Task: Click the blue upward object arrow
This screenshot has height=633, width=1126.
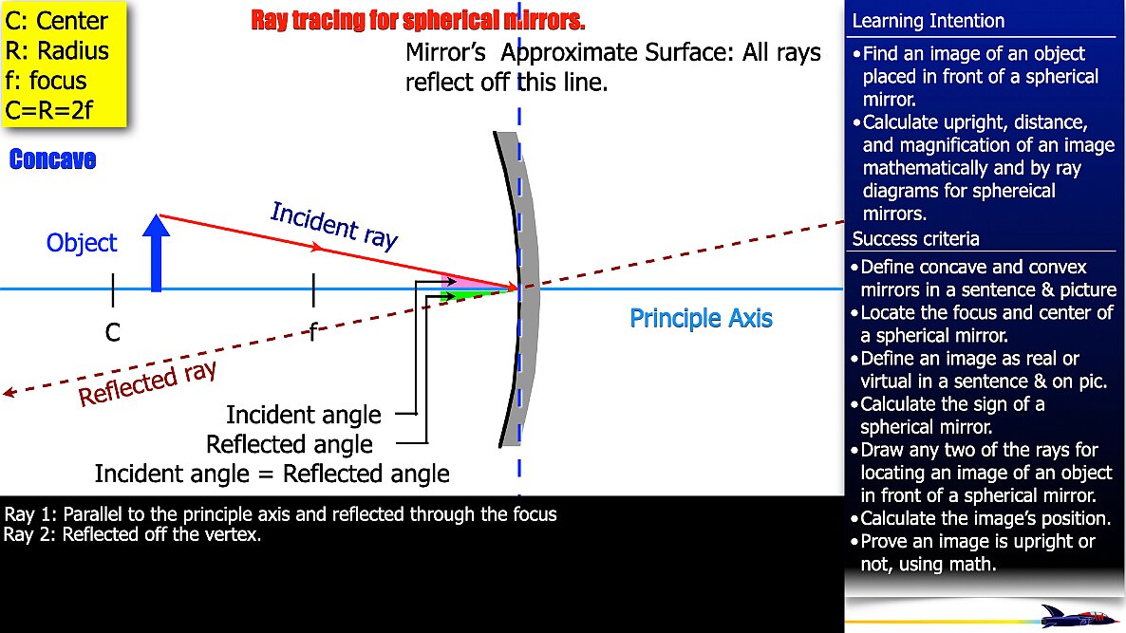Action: click(x=156, y=255)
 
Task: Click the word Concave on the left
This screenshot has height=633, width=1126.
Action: click(x=52, y=159)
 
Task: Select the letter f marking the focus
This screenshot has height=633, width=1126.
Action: click(x=312, y=332)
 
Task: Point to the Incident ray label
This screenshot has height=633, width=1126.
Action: click(x=333, y=225)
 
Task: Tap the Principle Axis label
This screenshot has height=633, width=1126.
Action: click(x=701, y=318)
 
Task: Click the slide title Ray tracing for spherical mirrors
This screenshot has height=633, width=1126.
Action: click(x=418, y=20)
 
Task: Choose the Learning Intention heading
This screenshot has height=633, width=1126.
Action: click(x=928, y=21)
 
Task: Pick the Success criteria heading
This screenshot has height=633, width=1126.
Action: click(x=915, y=238)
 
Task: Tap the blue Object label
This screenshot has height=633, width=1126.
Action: click(x=82, y=243)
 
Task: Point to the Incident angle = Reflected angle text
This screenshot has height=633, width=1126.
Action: click(x=272, y=473)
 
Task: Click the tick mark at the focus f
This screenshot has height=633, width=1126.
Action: click(x=312, y=289)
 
